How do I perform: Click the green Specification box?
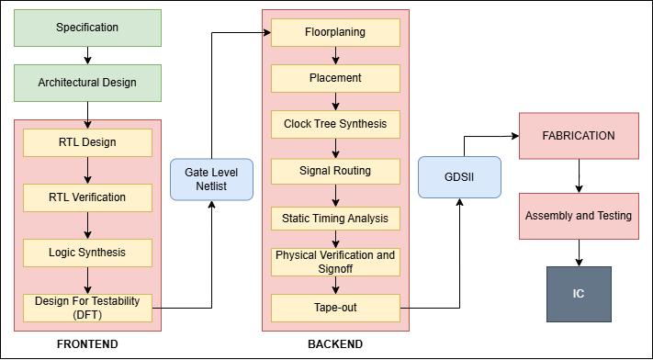click(x=87, y=28)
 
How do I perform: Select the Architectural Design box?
click(x=87, y=83)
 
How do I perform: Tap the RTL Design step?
click(x=87, y=142)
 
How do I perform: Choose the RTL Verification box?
click(x=87, y=197)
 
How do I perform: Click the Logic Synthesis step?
click(x=87, y=251)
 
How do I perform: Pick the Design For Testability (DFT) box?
click(x=87, y=307)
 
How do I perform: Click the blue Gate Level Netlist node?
click(x=211, y=179)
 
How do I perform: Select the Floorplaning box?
click(x=335, y=33)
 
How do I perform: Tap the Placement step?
click(x=335, y=78)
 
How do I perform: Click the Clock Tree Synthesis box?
click(x=335, y=124)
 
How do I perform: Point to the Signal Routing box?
click(x=335, y=171)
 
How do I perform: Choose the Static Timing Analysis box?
click(x=335, y=219)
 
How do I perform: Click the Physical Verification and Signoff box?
click(x=335, y=262)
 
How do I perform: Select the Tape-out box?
click(x=335, y=308)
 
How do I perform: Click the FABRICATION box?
click(x=578, y=135)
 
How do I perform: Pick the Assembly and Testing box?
click(x=578, y=216)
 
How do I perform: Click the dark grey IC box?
click(x=578, y=294)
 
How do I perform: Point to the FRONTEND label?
click(x=87, y=344)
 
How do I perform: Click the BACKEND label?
click(x=334, y=344)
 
